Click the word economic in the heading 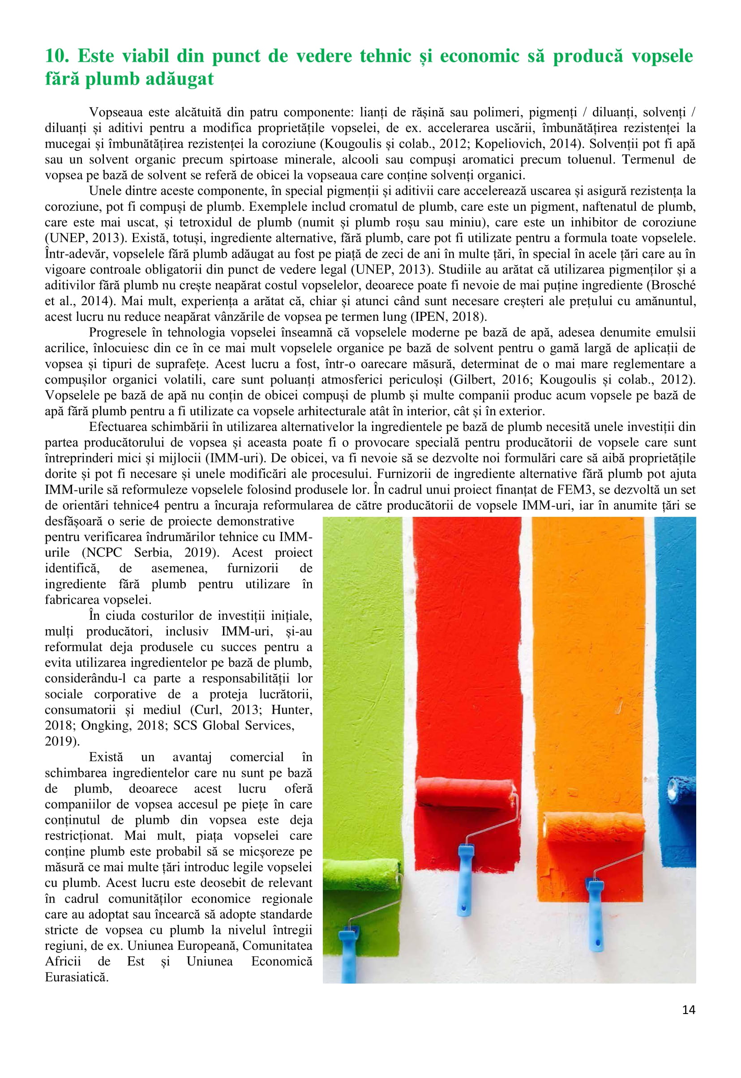tap(479, 56)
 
